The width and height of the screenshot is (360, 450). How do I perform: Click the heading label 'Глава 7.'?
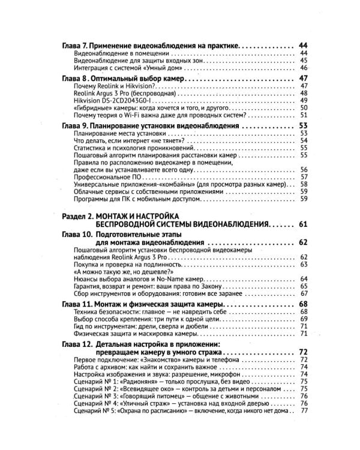point(77,45)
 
